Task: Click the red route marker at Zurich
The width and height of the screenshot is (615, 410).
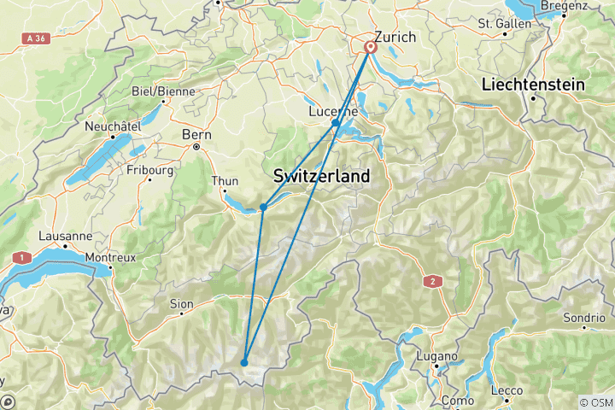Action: click(371, 48)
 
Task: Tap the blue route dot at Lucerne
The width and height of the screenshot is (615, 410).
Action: click(336, 124)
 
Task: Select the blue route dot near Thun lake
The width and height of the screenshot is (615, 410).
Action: click(263, 208)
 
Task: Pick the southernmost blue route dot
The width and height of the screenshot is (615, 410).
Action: click(244, 363)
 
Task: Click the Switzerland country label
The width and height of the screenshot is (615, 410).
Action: click(321, 176)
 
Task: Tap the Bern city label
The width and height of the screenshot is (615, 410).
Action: click(196, 134)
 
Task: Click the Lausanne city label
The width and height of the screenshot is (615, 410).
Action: click(65, 236)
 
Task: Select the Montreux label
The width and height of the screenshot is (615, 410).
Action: click(111, 256)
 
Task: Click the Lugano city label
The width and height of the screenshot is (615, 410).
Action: click(437, 355)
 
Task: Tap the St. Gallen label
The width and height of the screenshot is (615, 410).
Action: click(505, 23)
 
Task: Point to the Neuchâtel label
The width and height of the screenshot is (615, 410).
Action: click(112, 126)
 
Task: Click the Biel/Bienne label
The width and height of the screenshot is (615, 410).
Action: click(163, 91)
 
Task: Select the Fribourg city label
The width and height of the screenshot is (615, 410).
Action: click(151, 170)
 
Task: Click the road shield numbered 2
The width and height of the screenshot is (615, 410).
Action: click(433, 281)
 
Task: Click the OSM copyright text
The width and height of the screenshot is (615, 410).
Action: click(594, 402)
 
